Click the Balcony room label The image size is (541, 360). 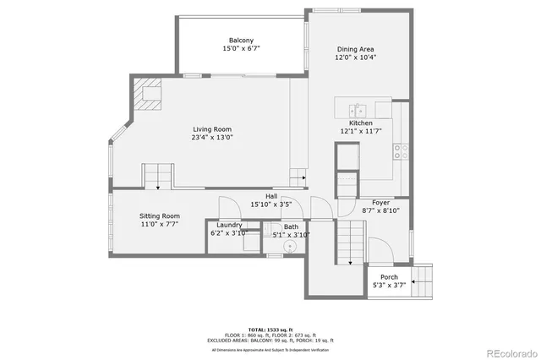(241, 41)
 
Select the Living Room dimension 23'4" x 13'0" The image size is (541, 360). (212, 137)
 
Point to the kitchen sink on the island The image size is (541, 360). (358, 110)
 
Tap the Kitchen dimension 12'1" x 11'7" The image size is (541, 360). (356, 131)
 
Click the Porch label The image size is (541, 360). (389, 276)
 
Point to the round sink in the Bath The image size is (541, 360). (291, 247)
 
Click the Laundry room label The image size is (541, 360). (228, 225)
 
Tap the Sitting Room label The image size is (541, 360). (160, 216)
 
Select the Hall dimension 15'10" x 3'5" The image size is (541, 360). (271, 205)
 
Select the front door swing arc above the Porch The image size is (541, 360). (381, 248)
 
